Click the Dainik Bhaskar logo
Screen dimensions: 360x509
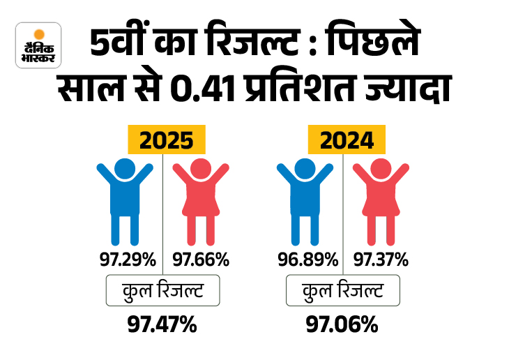[38, 45]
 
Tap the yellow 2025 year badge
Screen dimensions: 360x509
[166, 140]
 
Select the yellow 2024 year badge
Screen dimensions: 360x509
[346, 140]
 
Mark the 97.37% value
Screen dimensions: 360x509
[381, 260]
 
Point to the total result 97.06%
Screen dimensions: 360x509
[342, 324]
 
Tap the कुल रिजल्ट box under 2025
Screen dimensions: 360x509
[162, 290]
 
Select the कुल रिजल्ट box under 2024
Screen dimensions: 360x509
[342, 290]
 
